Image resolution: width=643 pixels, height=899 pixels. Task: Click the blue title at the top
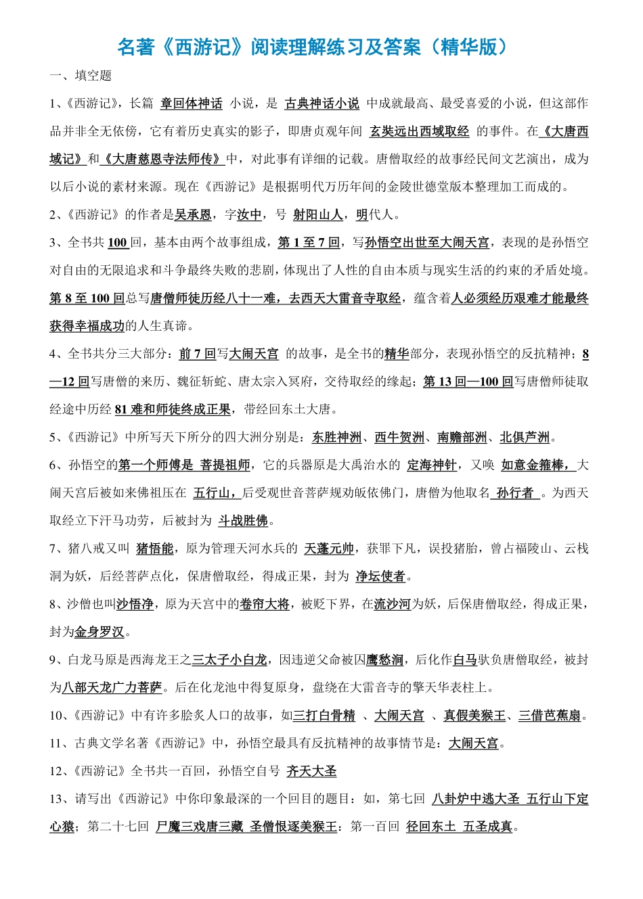coord(312,47)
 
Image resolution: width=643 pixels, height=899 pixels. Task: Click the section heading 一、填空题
coord(81,76)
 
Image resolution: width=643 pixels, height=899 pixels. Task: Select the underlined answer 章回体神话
coord(192,103)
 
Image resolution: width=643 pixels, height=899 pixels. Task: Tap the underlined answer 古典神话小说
coord(322,103)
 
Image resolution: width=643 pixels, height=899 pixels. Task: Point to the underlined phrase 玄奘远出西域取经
coord(419,131)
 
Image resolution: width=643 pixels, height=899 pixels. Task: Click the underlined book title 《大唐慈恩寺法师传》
coord(163,159)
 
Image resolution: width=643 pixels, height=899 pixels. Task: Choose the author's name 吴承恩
coord(193,215)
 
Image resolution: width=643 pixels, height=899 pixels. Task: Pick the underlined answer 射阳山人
coord(317,215)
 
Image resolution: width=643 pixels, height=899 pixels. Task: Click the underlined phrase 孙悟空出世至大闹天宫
coord(426,243)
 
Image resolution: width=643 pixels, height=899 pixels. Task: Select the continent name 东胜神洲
coord(336,438)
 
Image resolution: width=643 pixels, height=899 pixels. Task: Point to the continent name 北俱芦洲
coord(525,438)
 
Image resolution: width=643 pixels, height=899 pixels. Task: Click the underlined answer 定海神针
coord(432,465)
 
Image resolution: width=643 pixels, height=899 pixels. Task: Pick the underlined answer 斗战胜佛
coord(243,521)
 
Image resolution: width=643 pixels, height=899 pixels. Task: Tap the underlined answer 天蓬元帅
coord(329,549)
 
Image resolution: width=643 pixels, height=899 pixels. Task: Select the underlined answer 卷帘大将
coord(264,604)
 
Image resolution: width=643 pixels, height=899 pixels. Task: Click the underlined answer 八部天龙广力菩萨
coord(112,687)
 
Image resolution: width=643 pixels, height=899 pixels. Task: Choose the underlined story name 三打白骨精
coord(324,716)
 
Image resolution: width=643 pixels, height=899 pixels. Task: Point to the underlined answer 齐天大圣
coord(311,771)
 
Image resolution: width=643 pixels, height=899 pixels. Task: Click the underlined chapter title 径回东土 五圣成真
coord(459,827)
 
